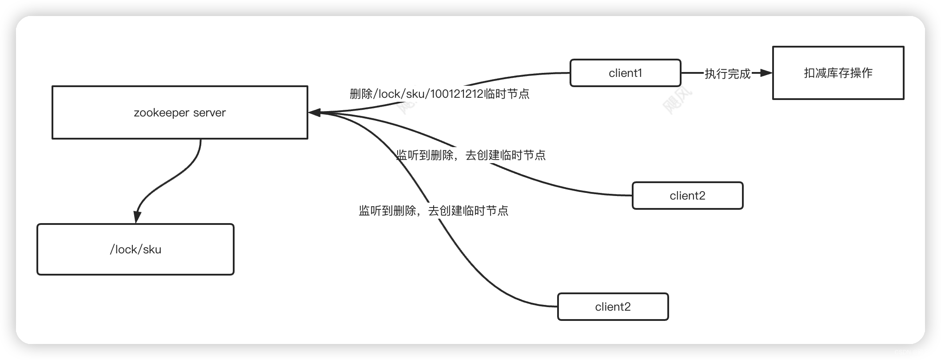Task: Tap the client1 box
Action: coord(625,73)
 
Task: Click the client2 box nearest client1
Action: coord(687,196)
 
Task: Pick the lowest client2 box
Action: coord(613,307)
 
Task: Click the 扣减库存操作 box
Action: coord(838,73)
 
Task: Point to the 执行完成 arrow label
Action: coord(727,74)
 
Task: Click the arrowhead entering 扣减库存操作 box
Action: coord(767,73)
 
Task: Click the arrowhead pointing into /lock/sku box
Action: coord(137,217)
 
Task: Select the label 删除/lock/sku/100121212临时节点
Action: coord(439,94)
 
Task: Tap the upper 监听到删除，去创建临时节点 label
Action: coord(470,155)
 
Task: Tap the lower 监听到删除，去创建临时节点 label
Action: coord(433,211)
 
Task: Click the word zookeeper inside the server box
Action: coord(155,113)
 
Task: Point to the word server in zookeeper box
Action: coord(209,113)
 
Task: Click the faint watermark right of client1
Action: coord(677,100)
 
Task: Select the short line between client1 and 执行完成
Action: coord(692,73)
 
